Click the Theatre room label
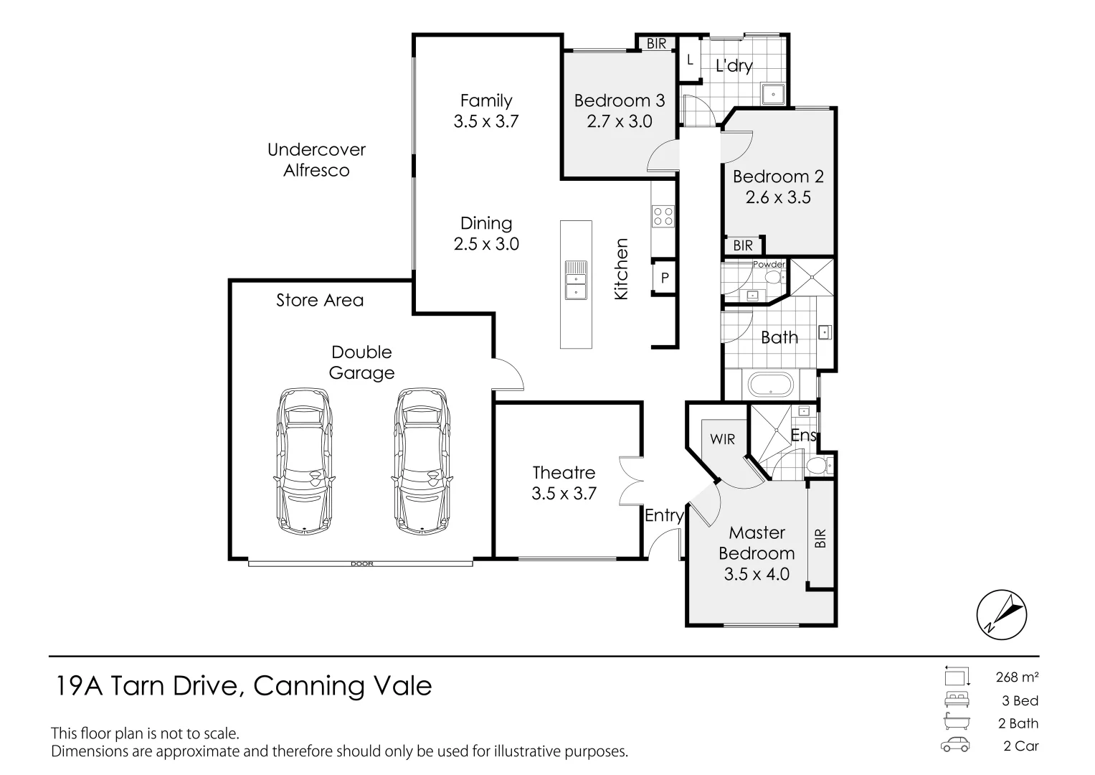click(564, 473)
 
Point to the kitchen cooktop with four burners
click(663, 216)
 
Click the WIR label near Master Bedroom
click(722, 438)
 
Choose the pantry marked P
click(665, 277)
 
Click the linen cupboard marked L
click(690, 60)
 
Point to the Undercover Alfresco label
click(316, 160)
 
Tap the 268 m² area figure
click(1017, 677)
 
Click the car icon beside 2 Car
click(955, 746)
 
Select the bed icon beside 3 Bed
click(955, 700)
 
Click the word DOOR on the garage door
click(361, 564)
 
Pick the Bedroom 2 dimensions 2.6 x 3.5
click(778, 197)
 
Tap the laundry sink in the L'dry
click(773, 93)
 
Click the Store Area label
click(320, 300)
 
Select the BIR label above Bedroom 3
click(656, 44)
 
